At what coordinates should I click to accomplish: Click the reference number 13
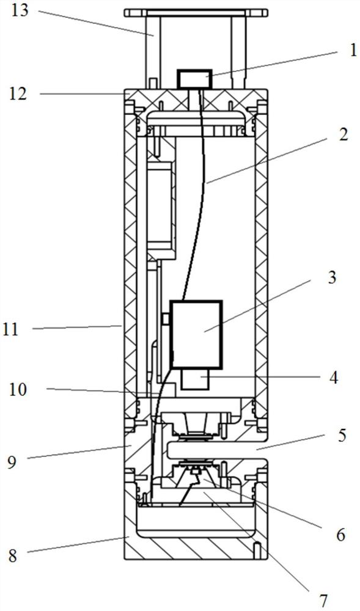click(20, 10)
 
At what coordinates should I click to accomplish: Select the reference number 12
click(18, 93)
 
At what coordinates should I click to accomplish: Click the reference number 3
click(331, 278)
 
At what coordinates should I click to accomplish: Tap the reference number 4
click(332, 378)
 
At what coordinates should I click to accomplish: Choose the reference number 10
click(18, 389)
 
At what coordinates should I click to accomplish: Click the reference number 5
click(342, 435)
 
